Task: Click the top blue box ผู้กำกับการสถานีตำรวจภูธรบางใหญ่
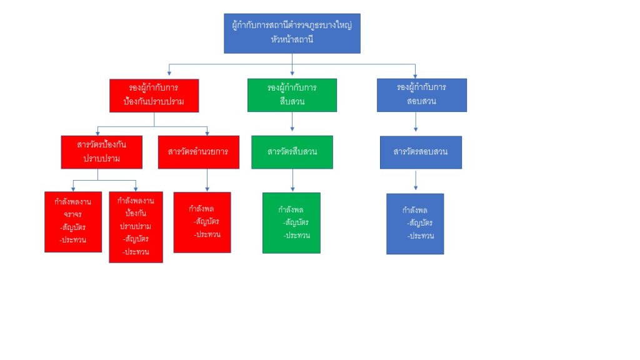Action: point(292,32)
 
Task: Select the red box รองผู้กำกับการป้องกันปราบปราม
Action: point(154,95)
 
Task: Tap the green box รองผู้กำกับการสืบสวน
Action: point(292,94)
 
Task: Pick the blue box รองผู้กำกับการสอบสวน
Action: point(421,94)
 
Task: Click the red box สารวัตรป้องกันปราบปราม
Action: point(101,152)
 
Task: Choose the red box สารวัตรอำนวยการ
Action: point(198,152)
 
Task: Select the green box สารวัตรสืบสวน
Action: point(292,152)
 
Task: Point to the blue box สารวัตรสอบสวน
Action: point(421,152)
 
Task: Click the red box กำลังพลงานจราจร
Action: point(72,221)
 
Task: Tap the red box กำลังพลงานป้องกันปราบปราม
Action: point(136,226)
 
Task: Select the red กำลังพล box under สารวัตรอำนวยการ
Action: point(202,222)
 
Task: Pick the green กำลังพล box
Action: point(291,222)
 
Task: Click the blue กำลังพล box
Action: point(415,223)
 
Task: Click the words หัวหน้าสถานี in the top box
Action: point(292,40)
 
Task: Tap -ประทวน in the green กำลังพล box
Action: point(296,235)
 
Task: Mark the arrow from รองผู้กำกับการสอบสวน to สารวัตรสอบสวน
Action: point(416,123)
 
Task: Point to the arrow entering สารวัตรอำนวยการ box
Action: point(207,131)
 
